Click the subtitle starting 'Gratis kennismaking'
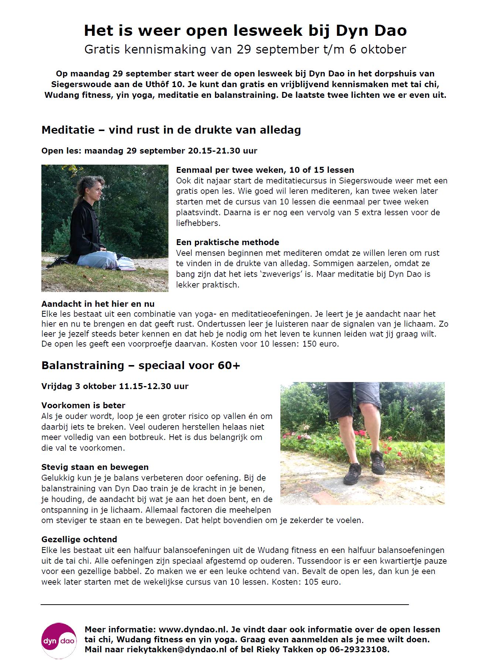coord(245,49)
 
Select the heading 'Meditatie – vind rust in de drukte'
coord(171,130)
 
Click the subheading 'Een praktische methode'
coord(228,242)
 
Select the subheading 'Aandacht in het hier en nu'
coord(98,304)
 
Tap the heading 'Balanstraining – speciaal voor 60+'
coord(141,365)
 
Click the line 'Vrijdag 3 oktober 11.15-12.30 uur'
coord(115,386)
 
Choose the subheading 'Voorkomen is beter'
coord(83,405)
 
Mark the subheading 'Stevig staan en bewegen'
coord(95,467)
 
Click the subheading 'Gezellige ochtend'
coord(79,539)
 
